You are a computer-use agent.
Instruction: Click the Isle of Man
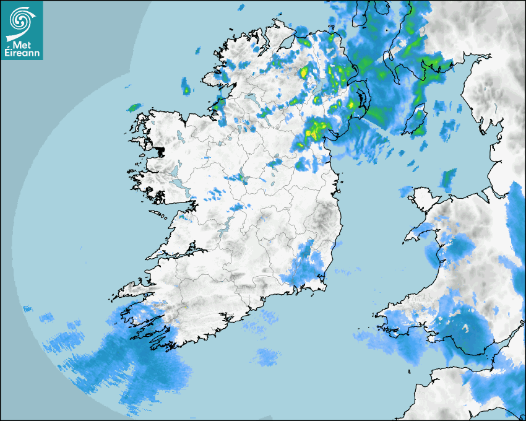418,119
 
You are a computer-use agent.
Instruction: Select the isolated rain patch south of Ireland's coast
267,356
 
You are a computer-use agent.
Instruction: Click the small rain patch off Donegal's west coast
186,87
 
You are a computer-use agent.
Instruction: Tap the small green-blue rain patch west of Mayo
134,107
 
